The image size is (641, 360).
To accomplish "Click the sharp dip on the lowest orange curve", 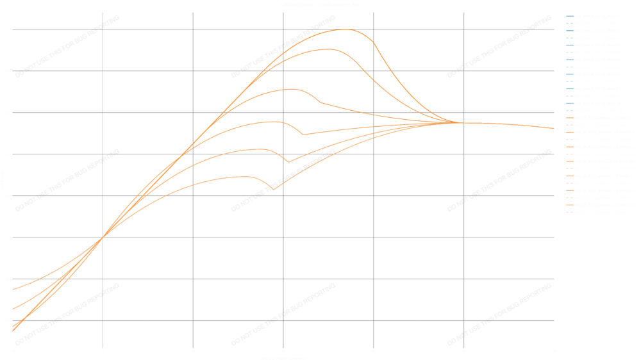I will tap(273, 190).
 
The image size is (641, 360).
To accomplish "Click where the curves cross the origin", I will tap(103, 238).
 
